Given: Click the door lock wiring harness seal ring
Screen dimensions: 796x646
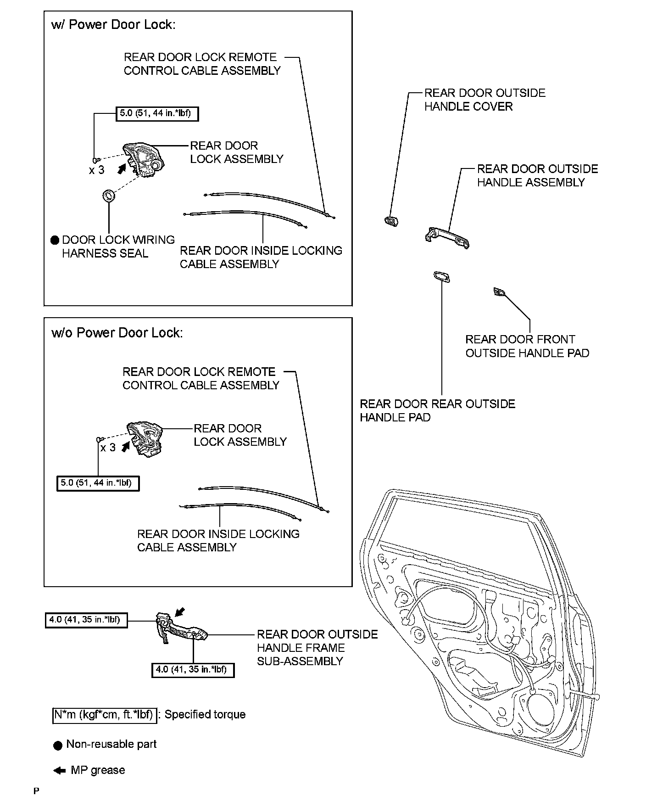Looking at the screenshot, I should [x=109, y=196].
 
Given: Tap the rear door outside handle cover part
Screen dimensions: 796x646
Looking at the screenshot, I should [x=391, y=221].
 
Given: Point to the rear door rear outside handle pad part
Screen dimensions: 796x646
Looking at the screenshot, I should [x=441, y=276].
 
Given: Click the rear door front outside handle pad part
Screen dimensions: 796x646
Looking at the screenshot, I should [x=498, y=291].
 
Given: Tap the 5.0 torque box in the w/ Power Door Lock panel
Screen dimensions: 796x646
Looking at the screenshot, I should [x=156, y=113].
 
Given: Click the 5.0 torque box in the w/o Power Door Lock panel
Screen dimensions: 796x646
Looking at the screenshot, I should [x=98, y=483].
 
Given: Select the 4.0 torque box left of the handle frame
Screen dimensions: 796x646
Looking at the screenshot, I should [x=86, y=620].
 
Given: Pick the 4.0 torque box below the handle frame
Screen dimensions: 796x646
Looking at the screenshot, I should [x=193, y=670].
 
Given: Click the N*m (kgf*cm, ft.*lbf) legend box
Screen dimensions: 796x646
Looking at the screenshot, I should [x=105, y=715].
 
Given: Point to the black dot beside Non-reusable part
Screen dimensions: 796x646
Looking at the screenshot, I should [x=57, y=745].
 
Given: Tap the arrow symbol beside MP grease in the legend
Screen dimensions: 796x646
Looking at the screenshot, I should [x=59, y=771].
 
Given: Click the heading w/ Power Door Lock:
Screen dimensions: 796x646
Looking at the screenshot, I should [x=113, y=25].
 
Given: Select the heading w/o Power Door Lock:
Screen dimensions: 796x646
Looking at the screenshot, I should [x=117, y=332].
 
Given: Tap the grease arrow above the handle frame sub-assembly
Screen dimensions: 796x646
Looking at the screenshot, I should [x=180, y=611].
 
